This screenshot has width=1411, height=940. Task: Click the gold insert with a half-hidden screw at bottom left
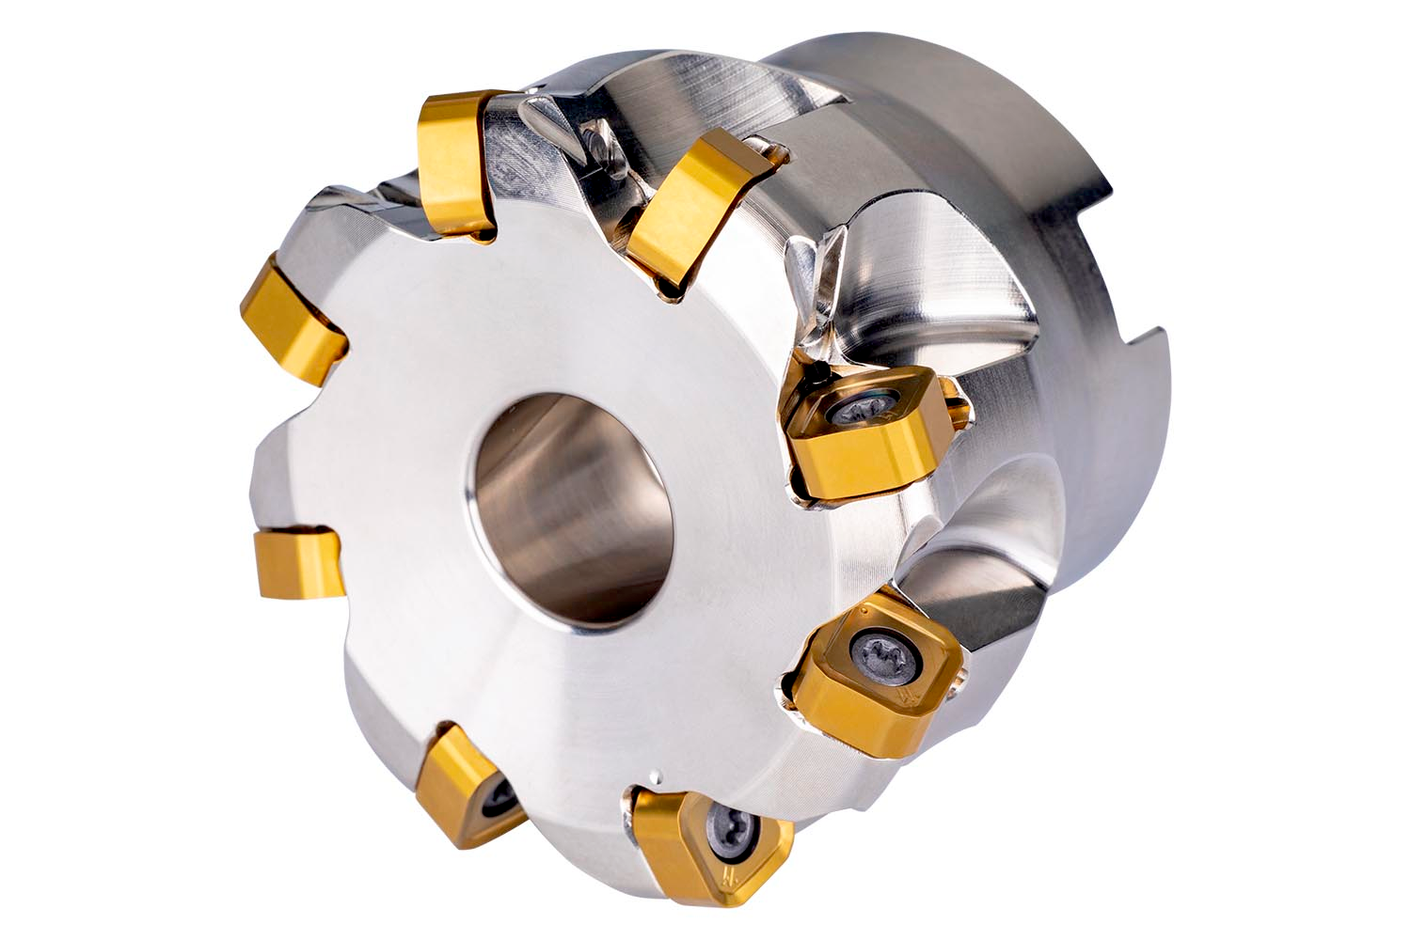click(x=466, y=785)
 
